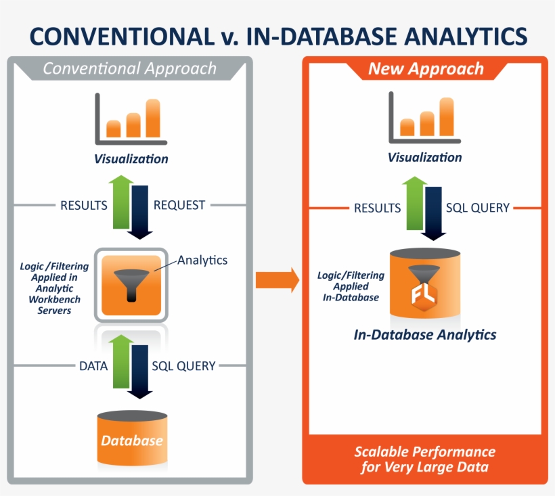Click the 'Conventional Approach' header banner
tap(129, 68)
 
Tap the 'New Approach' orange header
tap(426, 69)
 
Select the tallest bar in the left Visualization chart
tap(153, 118)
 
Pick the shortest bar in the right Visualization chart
tap(407, 127)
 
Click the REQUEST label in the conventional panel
tap(179, 205)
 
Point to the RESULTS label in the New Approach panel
tap(378, 208)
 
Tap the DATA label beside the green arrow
tap(93, 366)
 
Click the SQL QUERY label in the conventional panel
tap(183, 366)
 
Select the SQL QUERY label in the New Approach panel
tap(477, 208)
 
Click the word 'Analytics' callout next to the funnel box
tap(202, 260)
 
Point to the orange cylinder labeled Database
tap(132, 440)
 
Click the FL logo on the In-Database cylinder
tap(424, 294)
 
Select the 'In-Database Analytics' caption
tap(425, 335)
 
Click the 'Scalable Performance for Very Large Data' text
tap(425, 459)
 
